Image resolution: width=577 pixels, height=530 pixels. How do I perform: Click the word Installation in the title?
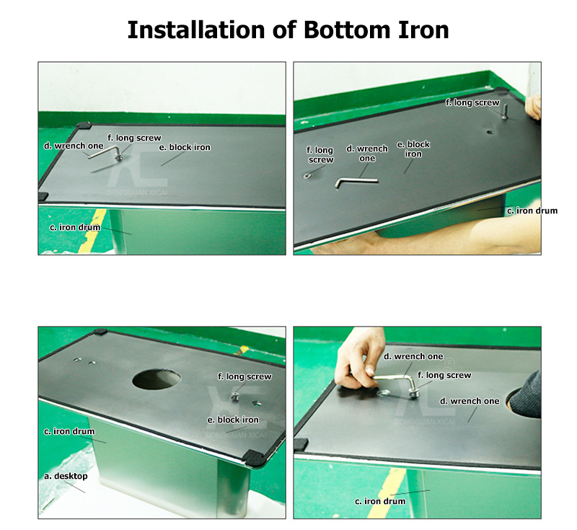[x=196, y=30]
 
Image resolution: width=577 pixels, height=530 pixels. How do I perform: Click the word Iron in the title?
[x=423, y=30]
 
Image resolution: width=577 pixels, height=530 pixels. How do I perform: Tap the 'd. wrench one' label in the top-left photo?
[x=74, y=146]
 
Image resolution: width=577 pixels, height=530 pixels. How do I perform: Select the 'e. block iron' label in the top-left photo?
[x=185, y=148]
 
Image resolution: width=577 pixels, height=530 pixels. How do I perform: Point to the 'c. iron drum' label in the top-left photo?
[x=75, y=227]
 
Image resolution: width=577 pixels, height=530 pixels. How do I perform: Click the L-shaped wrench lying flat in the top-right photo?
[x=356, y=182]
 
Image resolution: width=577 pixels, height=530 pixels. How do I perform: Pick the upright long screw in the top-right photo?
[x=504, y=111]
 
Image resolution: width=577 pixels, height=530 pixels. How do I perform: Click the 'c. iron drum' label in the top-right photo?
[x=532, y=211]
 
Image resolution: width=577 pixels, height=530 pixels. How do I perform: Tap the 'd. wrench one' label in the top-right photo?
[x=367, y=154]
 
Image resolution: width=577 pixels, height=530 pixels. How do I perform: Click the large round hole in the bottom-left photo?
[x=157, y=379]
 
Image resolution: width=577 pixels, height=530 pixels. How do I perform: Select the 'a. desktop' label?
[x=66, y=476]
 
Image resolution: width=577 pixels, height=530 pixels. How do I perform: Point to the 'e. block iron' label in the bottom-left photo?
[x=233, y=420]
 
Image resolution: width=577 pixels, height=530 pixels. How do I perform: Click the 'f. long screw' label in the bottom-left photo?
[x=245, y=376]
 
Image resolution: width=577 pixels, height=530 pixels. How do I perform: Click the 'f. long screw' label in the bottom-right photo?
[x=444, y=375]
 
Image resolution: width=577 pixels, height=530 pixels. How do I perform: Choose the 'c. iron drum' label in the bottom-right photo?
[x=380, y=501]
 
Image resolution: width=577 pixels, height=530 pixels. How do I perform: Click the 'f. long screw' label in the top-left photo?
[x=134, y=138]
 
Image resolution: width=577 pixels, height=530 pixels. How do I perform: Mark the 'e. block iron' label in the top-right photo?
[x=413, y=149]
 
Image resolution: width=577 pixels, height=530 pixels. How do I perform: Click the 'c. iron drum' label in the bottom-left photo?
[x=69, y=431]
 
